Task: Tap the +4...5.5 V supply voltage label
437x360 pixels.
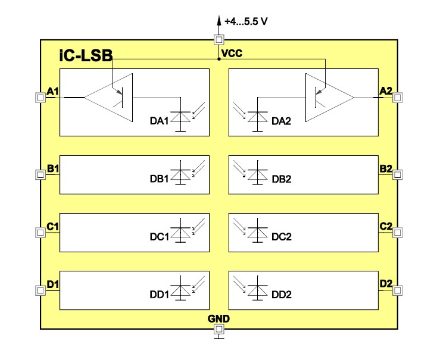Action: (x=246, y=21)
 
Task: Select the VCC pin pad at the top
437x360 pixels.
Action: (x=218, y=40)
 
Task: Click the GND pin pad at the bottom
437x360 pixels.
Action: (x=218, y=329)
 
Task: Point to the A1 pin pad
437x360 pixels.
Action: (x=40, y=97)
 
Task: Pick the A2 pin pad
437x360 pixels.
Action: (x=397, y=97)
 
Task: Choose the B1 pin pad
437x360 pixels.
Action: (x=40, y=174)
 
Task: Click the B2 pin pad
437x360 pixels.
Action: (x=397, y=174)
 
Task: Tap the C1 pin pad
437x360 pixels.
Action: (x=40, y=232)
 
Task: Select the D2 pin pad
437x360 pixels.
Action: (x=397, y=290)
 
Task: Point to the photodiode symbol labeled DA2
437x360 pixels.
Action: (x=257, y=117)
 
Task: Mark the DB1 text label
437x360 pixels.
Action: (x=160, y=179)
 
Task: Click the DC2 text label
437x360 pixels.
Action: (x=281, y=237)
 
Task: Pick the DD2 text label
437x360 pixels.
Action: (x=281, y=295)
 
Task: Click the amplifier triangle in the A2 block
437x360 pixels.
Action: (x=329, y=97)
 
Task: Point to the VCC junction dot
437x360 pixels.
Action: (x=218, y=59)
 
